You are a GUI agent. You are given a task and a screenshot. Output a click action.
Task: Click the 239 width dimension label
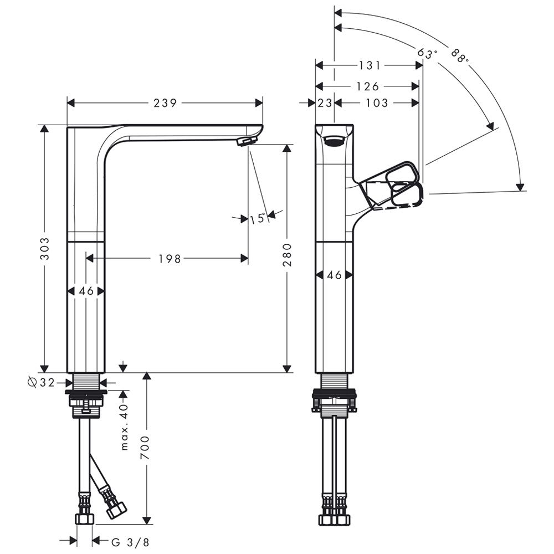coord(165,103)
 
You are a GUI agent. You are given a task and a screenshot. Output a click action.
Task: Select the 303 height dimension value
coord(45,249)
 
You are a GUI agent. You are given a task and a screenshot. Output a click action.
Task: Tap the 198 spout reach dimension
coord(169,259)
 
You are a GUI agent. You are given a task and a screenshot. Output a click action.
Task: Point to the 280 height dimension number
coord(287,255)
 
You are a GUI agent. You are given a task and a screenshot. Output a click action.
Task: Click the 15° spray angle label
coord(258,219)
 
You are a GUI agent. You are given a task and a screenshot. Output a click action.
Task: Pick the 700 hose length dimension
coord(145,448)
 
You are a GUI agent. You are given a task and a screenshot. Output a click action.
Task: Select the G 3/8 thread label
coord(130,542)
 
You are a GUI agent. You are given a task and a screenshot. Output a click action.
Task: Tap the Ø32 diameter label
coord(42,382)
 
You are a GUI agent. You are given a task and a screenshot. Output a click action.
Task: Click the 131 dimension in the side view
coord(370,65)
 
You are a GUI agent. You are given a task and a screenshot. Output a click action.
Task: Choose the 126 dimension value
coord(367,86)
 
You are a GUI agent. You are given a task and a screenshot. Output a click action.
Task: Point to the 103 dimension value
coord(377,103)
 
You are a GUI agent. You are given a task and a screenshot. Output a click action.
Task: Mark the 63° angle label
coord(427,54)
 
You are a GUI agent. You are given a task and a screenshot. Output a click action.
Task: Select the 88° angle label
coord(460,55)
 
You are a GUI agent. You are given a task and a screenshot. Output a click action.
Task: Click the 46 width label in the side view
coord(334,275)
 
